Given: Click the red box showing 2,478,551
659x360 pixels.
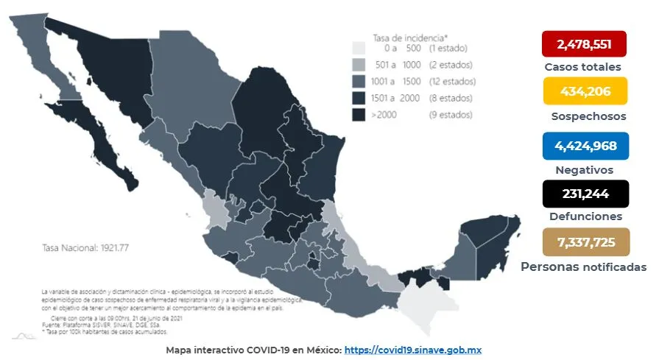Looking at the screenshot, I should click(583, 44).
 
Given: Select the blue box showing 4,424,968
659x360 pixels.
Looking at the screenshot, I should click(585, 146).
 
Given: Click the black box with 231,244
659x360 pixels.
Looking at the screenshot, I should click(585, 194).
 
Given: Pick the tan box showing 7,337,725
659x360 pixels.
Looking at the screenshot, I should click(585, 242).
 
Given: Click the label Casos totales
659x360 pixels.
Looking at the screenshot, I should click(582, 67).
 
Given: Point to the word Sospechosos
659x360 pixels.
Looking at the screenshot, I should click(588, 116).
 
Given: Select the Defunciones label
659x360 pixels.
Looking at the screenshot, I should click(585, 216).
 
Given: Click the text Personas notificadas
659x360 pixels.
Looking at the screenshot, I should click(583, 267).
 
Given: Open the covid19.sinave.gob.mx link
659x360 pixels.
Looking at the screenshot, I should click(412, 350).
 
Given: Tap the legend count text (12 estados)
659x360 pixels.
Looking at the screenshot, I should click(452, 81).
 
